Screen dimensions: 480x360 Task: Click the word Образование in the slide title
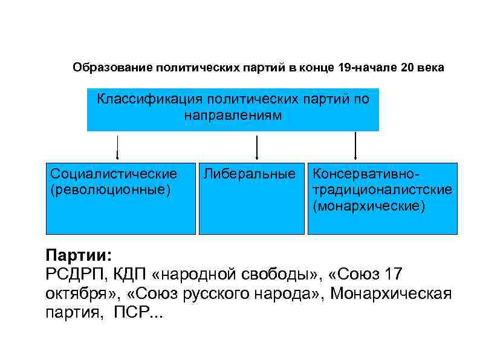(x=112, y=68)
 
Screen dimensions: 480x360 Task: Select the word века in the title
(x=430, y=68)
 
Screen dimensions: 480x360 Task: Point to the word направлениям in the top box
(x=233, y=114)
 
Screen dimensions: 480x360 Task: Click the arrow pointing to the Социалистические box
(x=117, y=148)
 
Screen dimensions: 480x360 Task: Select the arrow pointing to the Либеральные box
(x=258, y=148)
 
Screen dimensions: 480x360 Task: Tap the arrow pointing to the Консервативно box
(x=355, y=146)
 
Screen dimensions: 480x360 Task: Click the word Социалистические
(x=114, y=174)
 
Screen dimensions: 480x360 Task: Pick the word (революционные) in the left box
(x=111, y=190)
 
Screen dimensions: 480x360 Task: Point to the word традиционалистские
(x=382, y=190)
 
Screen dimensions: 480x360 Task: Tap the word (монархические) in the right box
(x=369, y=206)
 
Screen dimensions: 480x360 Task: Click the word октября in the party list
(x=79, y=294)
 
